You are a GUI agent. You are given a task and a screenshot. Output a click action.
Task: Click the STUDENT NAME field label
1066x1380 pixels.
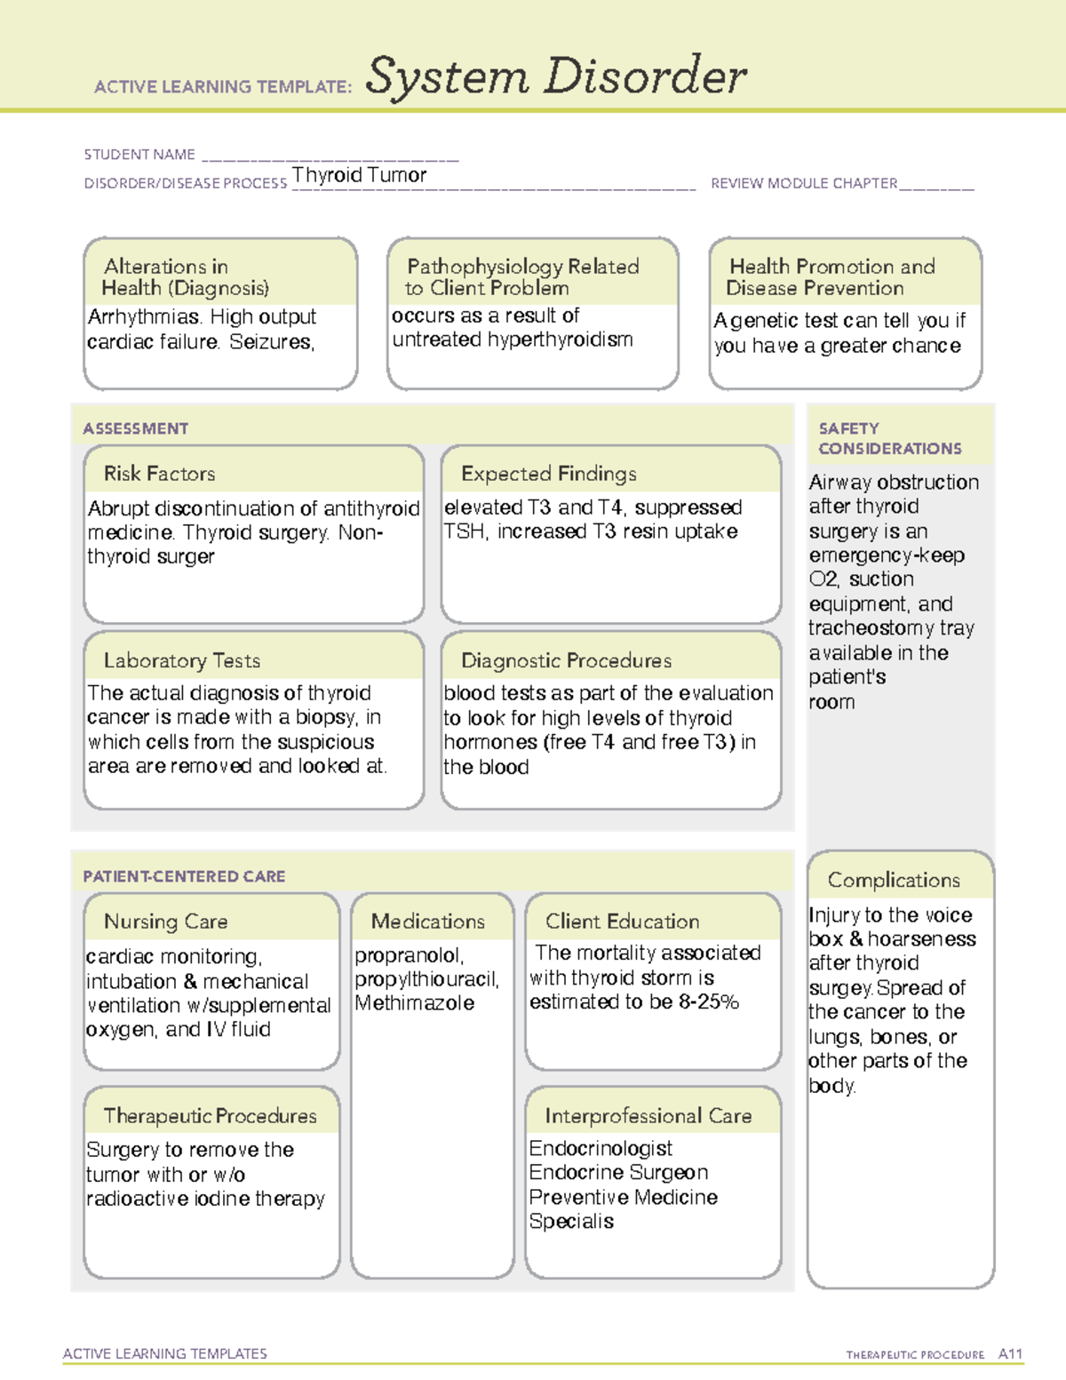pos(139,155)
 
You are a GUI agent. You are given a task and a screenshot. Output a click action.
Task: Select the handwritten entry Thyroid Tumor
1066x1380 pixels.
pos(360,175)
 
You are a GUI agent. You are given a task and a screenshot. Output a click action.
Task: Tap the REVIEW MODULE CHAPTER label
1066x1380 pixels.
pos(804,184)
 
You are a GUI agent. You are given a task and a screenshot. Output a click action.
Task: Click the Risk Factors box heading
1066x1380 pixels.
pos(160,474)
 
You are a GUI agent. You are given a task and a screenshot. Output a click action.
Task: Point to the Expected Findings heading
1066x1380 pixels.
pos(549,474)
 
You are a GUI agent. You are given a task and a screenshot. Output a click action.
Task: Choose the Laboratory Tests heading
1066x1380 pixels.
pos(182,660)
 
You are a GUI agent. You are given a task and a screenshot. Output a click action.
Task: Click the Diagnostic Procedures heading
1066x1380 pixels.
pos(566,660)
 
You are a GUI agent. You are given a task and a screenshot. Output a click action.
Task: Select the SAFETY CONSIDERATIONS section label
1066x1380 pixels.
pos(889,439)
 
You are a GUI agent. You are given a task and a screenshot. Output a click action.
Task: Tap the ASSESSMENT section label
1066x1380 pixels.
pos(136,428)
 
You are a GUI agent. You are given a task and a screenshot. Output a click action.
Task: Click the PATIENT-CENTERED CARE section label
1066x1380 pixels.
pos(184,876)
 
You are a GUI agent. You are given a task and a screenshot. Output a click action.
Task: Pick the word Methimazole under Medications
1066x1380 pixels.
pos(415,1003)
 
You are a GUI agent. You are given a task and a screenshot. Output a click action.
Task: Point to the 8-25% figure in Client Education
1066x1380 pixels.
pos(706,1002)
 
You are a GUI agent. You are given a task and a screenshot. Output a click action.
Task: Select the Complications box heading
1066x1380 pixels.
pos(894,880)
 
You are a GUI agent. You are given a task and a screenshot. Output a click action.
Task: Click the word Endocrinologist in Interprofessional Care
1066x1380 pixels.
pos(601,1148)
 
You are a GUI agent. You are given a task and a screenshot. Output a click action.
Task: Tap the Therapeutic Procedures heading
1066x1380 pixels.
pos(210,1115)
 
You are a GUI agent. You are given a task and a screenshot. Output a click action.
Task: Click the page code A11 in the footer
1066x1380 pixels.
pos(1010,1354)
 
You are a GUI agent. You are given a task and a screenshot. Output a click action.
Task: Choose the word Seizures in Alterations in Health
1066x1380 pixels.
pos(271,342)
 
